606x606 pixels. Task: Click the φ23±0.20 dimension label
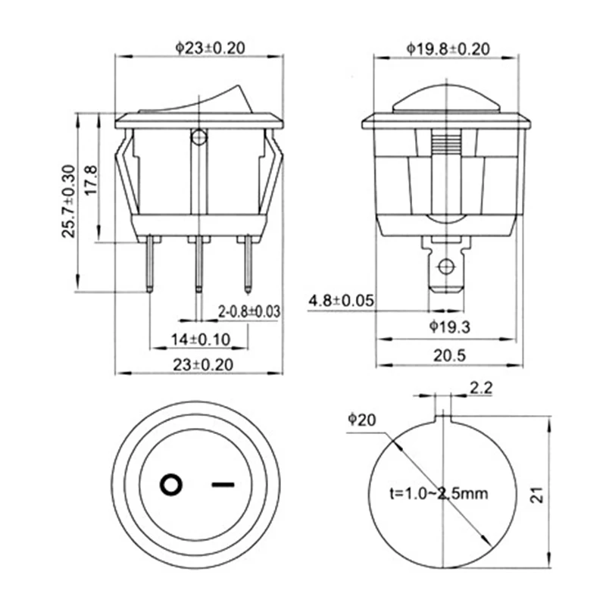[x=211, y=48]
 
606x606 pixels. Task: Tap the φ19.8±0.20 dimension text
[x=448, y=49]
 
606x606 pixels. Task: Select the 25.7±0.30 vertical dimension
[x=68, y=201]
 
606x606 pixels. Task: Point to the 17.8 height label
[x=91, y=180]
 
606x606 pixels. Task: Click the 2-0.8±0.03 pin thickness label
[x=249, y=311]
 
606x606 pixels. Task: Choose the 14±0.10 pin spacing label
[x=201, y=339]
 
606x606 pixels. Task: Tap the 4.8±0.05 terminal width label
[x=342, y=300]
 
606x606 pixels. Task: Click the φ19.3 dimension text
[x=450, y=327]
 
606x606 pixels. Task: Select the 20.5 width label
[x=449, y=355]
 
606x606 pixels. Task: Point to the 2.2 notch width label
[x=481, y=388]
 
